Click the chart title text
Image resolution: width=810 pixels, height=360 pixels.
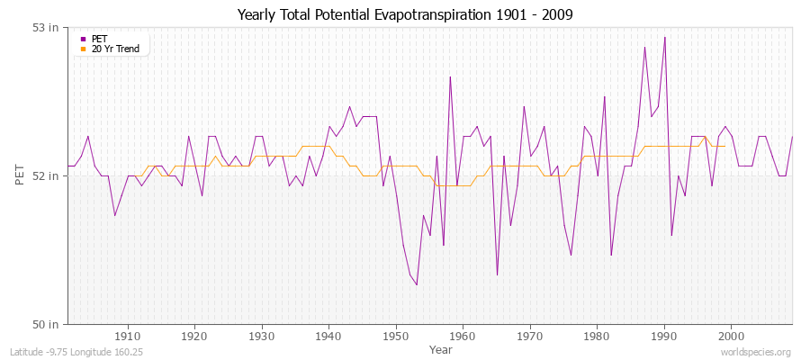[404, 14]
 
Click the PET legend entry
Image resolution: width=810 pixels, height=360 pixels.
[99, 39]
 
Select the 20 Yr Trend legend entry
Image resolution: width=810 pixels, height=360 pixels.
[115, 49]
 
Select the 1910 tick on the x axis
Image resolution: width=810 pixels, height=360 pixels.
[128, 337]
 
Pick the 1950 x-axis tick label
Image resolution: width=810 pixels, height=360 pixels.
[396, 337]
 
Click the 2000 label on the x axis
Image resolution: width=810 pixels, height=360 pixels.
[731, 337]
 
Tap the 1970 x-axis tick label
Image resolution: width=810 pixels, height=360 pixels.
[530, 337]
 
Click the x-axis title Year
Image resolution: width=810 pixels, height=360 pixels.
[441, 349]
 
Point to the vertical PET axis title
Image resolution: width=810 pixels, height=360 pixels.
[21, 175]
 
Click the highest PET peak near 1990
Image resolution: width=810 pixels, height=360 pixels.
[664, 37]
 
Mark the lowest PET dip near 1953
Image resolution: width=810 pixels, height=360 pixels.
[417, 284]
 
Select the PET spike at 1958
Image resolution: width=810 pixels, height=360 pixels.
[450, 76]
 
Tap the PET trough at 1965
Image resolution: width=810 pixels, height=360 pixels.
[497, 274]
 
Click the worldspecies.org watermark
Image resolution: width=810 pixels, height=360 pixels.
[757, 353]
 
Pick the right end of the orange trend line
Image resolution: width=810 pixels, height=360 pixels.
[724, 146]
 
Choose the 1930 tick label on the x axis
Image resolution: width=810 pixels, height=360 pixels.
[262, 337]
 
